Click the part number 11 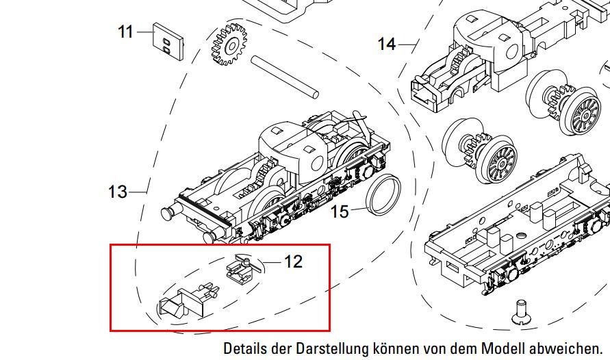(125, 32)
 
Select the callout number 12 (293, 262)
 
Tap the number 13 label (118, 192)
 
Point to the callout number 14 (387, 44)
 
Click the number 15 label (340, 212)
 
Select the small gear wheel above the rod (229, 44)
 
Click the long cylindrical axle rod (285, 77)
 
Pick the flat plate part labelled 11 (168, 41)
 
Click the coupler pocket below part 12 (189, 301)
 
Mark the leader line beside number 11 (144, 32)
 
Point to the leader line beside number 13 (138, 192)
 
